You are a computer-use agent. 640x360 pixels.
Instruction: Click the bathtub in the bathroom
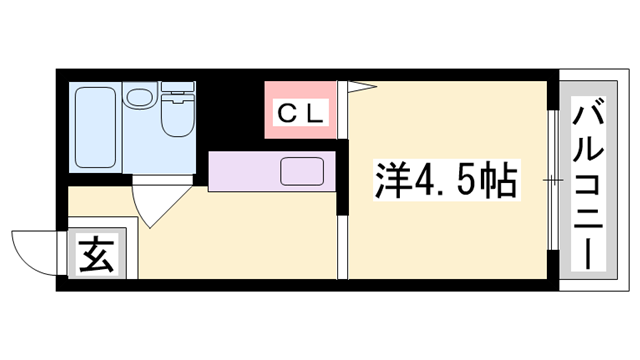[x=96, y=127]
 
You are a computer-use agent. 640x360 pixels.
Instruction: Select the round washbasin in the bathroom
[x=140, y=96]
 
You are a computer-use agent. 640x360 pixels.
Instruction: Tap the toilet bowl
[x=178, y=115]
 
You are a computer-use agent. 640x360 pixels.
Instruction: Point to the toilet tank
[x=178, y=87]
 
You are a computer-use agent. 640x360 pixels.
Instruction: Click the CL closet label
[x=302, y=114]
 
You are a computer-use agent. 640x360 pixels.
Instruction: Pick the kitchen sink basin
[x=302, y=171]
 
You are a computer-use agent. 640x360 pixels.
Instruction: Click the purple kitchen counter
[x=272, y=171]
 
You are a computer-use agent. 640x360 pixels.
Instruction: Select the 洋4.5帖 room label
[x=447, y=180]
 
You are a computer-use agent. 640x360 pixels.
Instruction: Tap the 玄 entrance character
[x=97, y=254]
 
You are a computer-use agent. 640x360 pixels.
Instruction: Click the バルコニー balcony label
[x=588, y=184]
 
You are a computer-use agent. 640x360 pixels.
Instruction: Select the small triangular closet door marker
[x=362, y=86]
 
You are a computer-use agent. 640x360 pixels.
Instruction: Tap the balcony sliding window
[x=553, y=180]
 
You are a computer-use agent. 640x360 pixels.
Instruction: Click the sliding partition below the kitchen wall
[x=342, y=247]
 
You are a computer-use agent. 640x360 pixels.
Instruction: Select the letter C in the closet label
[x=287, y=114]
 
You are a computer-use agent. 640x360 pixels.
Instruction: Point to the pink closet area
[x=300, y=110]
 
